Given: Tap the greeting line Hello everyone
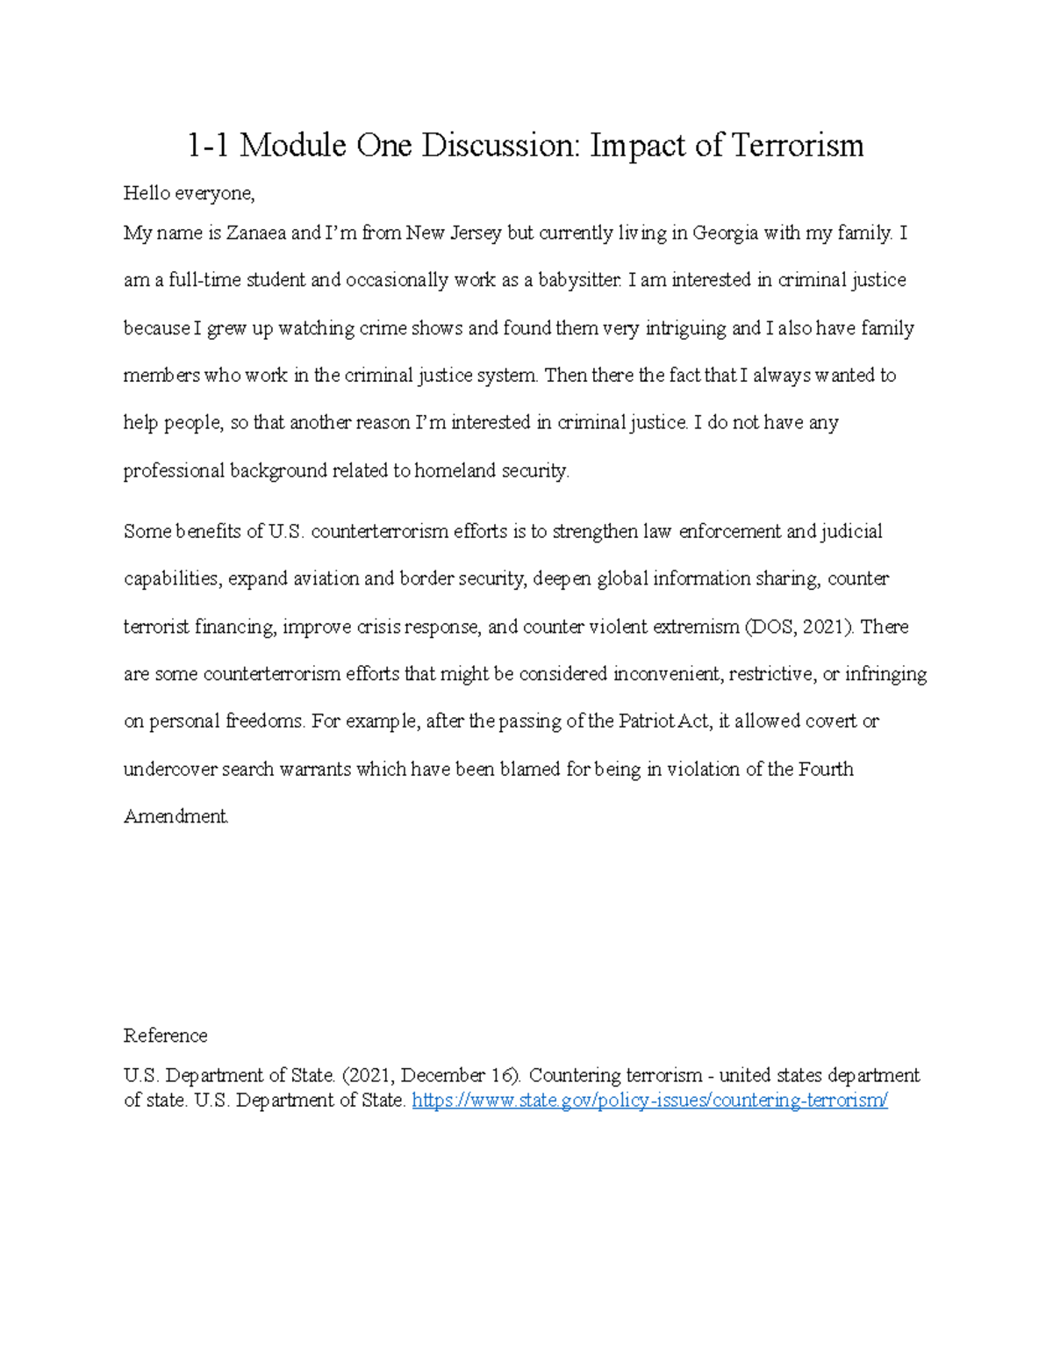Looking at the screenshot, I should [189, 193].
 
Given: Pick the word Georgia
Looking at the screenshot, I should [726, 233].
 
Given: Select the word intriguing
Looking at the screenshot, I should [685, 328].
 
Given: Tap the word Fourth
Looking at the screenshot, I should [826, 770].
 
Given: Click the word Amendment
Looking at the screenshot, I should [175, 817].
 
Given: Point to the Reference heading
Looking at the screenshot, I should [165, 1036].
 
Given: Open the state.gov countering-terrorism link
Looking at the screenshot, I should [649, 1101].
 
